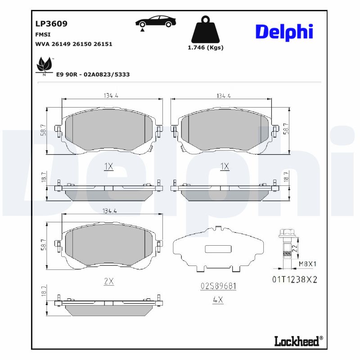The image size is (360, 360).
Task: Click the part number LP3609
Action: tap(51, 24)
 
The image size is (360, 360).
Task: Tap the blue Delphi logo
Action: tap(284, 32)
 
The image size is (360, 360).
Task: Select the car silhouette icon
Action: tap(156, 22)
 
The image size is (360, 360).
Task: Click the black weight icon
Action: tap(205, 30)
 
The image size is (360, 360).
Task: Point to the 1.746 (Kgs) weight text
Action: tap(205, 47)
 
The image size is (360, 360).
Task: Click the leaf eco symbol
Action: tap(44, 66)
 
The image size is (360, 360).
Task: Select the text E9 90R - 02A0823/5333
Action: tap(93, 74)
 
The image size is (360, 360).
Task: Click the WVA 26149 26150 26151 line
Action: tap(73, 44)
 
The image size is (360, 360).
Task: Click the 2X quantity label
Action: tap(108, 282)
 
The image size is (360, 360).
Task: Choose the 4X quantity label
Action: tap(218, 300)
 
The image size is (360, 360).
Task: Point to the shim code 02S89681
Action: tap(218, 286)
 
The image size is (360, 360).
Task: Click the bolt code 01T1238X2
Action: tap(295, 279)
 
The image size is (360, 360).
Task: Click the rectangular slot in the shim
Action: tap(217, 249)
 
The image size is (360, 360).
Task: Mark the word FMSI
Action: tap(43, 34)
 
